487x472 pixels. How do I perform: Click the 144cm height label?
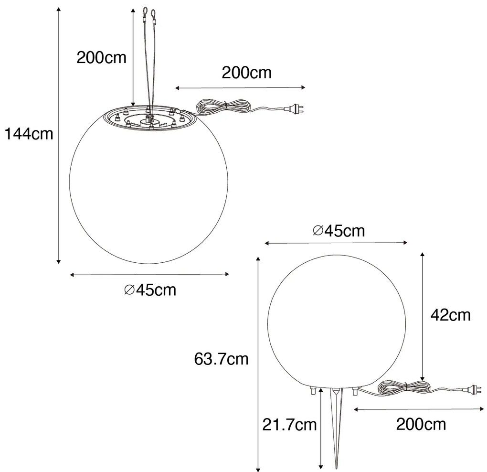[29, 134]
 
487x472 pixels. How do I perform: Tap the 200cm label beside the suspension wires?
[102, 58]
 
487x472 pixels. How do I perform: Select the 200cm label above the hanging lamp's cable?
[246, 73]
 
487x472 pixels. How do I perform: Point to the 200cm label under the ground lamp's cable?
[421, 424]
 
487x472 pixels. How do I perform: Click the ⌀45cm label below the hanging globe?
[150, 290]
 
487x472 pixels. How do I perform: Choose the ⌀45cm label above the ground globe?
[339, 231]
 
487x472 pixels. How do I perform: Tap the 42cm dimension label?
[450, 315]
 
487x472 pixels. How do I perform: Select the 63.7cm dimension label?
[222, 358]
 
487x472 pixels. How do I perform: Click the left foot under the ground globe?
[312, 391]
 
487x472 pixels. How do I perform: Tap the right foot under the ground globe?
[355, 391]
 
